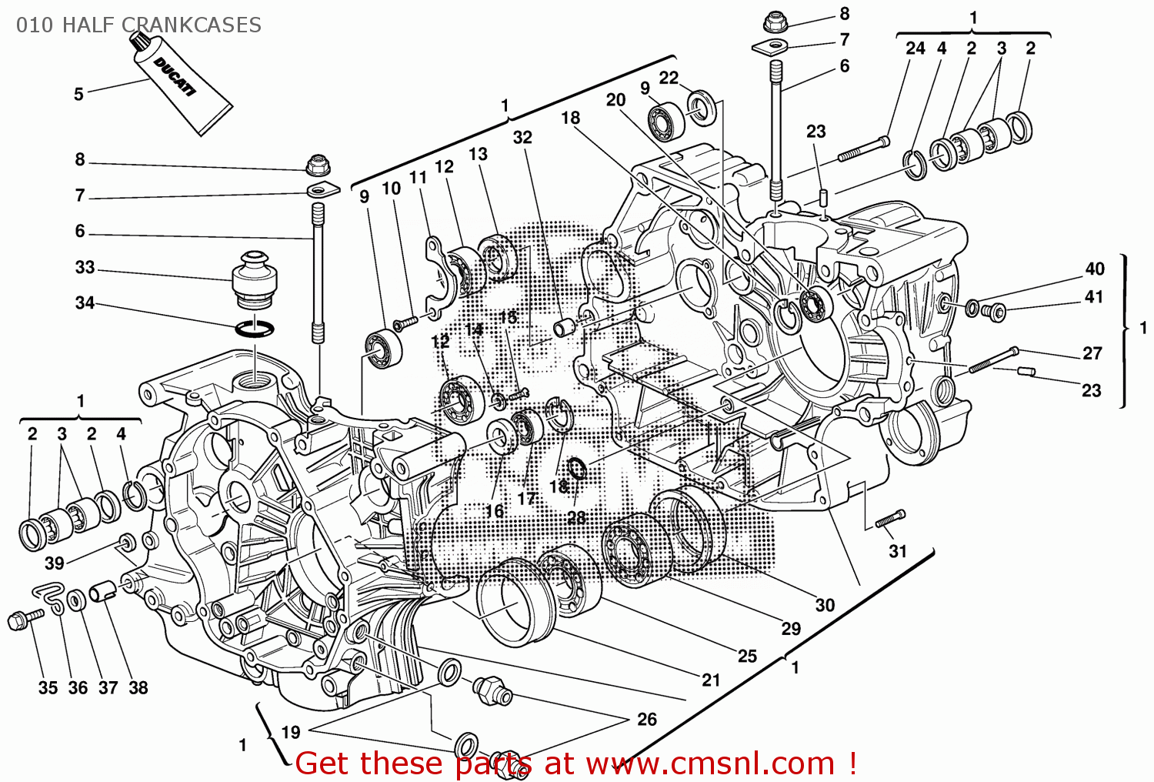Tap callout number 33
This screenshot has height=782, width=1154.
point(85,268)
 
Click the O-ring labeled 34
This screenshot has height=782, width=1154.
point(255,329)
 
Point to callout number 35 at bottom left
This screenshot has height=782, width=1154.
point(48,688)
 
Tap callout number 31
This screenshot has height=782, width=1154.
point(898,551)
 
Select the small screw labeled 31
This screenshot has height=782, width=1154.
point(891,520)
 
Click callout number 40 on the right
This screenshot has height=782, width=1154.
point(1094,269)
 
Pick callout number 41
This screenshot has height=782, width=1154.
point(1093,297)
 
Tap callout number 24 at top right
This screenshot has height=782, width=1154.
point(915,48)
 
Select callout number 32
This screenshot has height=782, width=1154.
point(522,138)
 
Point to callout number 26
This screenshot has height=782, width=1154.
point(646,719)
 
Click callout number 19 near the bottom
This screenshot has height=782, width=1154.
point(291,733)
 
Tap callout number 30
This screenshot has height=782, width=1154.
point(825,605)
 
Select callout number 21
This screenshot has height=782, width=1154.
point(711,680)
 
